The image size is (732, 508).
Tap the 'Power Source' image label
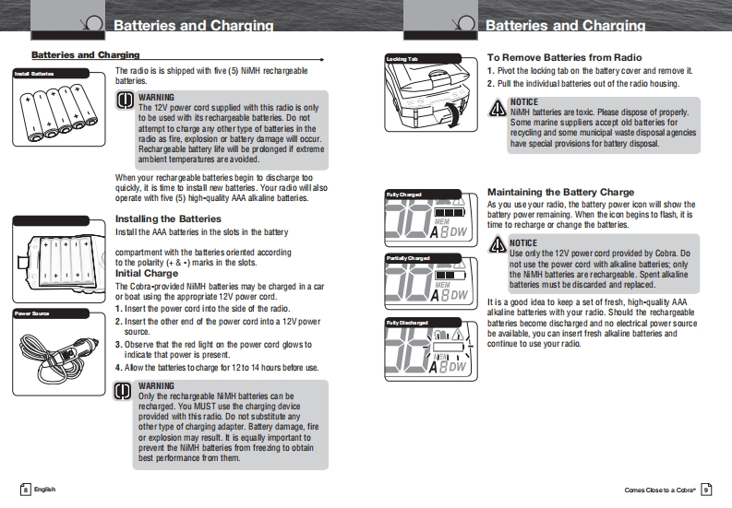(x=33, y=313)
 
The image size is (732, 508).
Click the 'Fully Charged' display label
(x=404, y=195)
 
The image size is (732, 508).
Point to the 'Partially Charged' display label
(x=407, y=258)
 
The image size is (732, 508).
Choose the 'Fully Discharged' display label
(x=407, y=322)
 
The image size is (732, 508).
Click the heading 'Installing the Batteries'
(x=168, y=219)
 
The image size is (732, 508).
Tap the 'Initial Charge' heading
(x=147, y=274)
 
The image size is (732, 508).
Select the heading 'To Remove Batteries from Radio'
(x=564, y=57)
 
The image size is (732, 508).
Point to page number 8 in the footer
(x=26, y=489)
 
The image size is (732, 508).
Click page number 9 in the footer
(x=705, y=489)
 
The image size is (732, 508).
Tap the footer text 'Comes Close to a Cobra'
(x=658, y=489)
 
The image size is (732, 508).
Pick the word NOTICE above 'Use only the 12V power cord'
(x=524, y=243)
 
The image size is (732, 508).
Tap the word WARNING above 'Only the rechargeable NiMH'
(x=156, y=384)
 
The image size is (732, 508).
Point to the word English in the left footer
(x=45, y=489)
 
